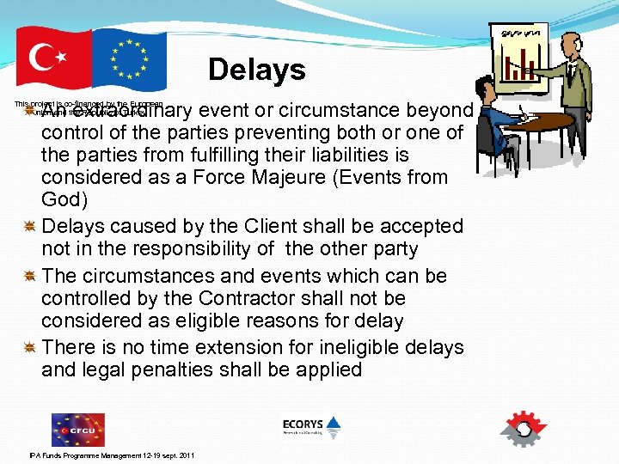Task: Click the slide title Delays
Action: pyautogui.click(x=256, y=70)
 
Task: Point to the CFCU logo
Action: pyautogui.click(x=77, y=429)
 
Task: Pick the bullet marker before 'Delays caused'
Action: pyautogui.click(x=29, y=227)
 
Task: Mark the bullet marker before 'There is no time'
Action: pyautogui.click(x=29, y=348)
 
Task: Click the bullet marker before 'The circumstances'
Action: pyautogui.click(x=29, y=276)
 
